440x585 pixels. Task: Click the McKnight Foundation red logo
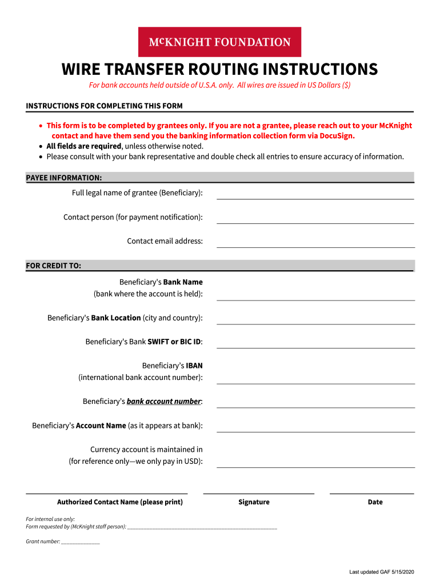click(219, 42)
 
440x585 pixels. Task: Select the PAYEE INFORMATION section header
click(64, 178)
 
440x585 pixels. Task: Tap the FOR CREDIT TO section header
click(54, 266)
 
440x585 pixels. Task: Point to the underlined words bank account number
click(163, 402)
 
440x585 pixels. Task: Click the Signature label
click(254, 502)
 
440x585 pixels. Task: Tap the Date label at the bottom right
click(375, 502)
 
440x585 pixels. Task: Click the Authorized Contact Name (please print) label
click(120, 502)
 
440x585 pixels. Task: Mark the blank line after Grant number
click(81, 542)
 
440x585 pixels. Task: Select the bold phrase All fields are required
click(83, 146)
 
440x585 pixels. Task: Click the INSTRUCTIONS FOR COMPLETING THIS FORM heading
click(104, 106)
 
